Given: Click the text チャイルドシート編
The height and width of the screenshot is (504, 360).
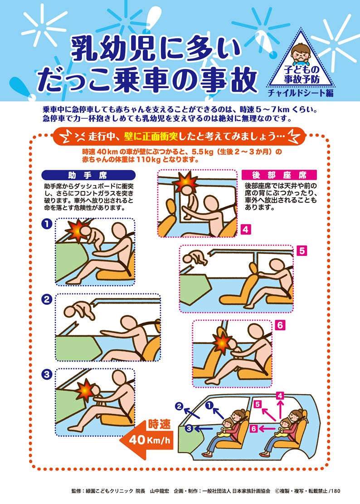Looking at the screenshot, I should (300, 93).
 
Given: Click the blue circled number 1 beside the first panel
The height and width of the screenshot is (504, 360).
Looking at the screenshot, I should (47, 224).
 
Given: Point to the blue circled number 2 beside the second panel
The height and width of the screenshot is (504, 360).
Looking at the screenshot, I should (47, 299).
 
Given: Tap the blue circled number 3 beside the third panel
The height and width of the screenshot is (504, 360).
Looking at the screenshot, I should (47, 374).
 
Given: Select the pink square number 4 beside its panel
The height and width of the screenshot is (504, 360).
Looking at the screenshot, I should (245, 230).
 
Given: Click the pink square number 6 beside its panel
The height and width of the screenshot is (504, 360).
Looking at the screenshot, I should (280, 325).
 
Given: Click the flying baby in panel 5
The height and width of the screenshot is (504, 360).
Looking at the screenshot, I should (194, 258).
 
